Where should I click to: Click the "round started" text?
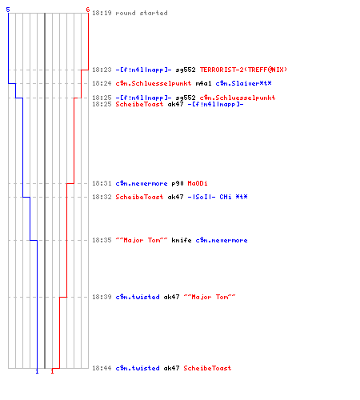(x=142, y=13)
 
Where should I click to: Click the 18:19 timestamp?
(x=102, y=13)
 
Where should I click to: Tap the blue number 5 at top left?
(x=8, y=10)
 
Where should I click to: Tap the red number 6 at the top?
(x=88, y=10)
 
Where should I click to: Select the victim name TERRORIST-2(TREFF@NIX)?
(x=243, y=70)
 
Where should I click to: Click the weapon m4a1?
(x=203, y=83)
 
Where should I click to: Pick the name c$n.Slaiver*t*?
(x=243, y=83)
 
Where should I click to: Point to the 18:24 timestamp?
(x=102, y=83)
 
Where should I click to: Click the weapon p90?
(x=178, y=183)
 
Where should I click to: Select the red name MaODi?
(x=198, y=183)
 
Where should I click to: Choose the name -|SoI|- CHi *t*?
(x=218, y=197)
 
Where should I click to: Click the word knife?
(x=182, y=240)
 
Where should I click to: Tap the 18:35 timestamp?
(x=102, y=240)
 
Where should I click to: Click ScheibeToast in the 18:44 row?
(x=207, y=368)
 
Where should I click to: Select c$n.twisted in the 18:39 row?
(x=138, y=297)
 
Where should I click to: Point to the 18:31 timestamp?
(x=102, y=183)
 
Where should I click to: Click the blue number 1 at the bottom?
(x=37, y=371)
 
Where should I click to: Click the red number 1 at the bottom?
(x=52, y=371)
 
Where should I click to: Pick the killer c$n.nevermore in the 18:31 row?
(x=142, y=183)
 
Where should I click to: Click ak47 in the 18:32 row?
(x=175, y=197)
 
